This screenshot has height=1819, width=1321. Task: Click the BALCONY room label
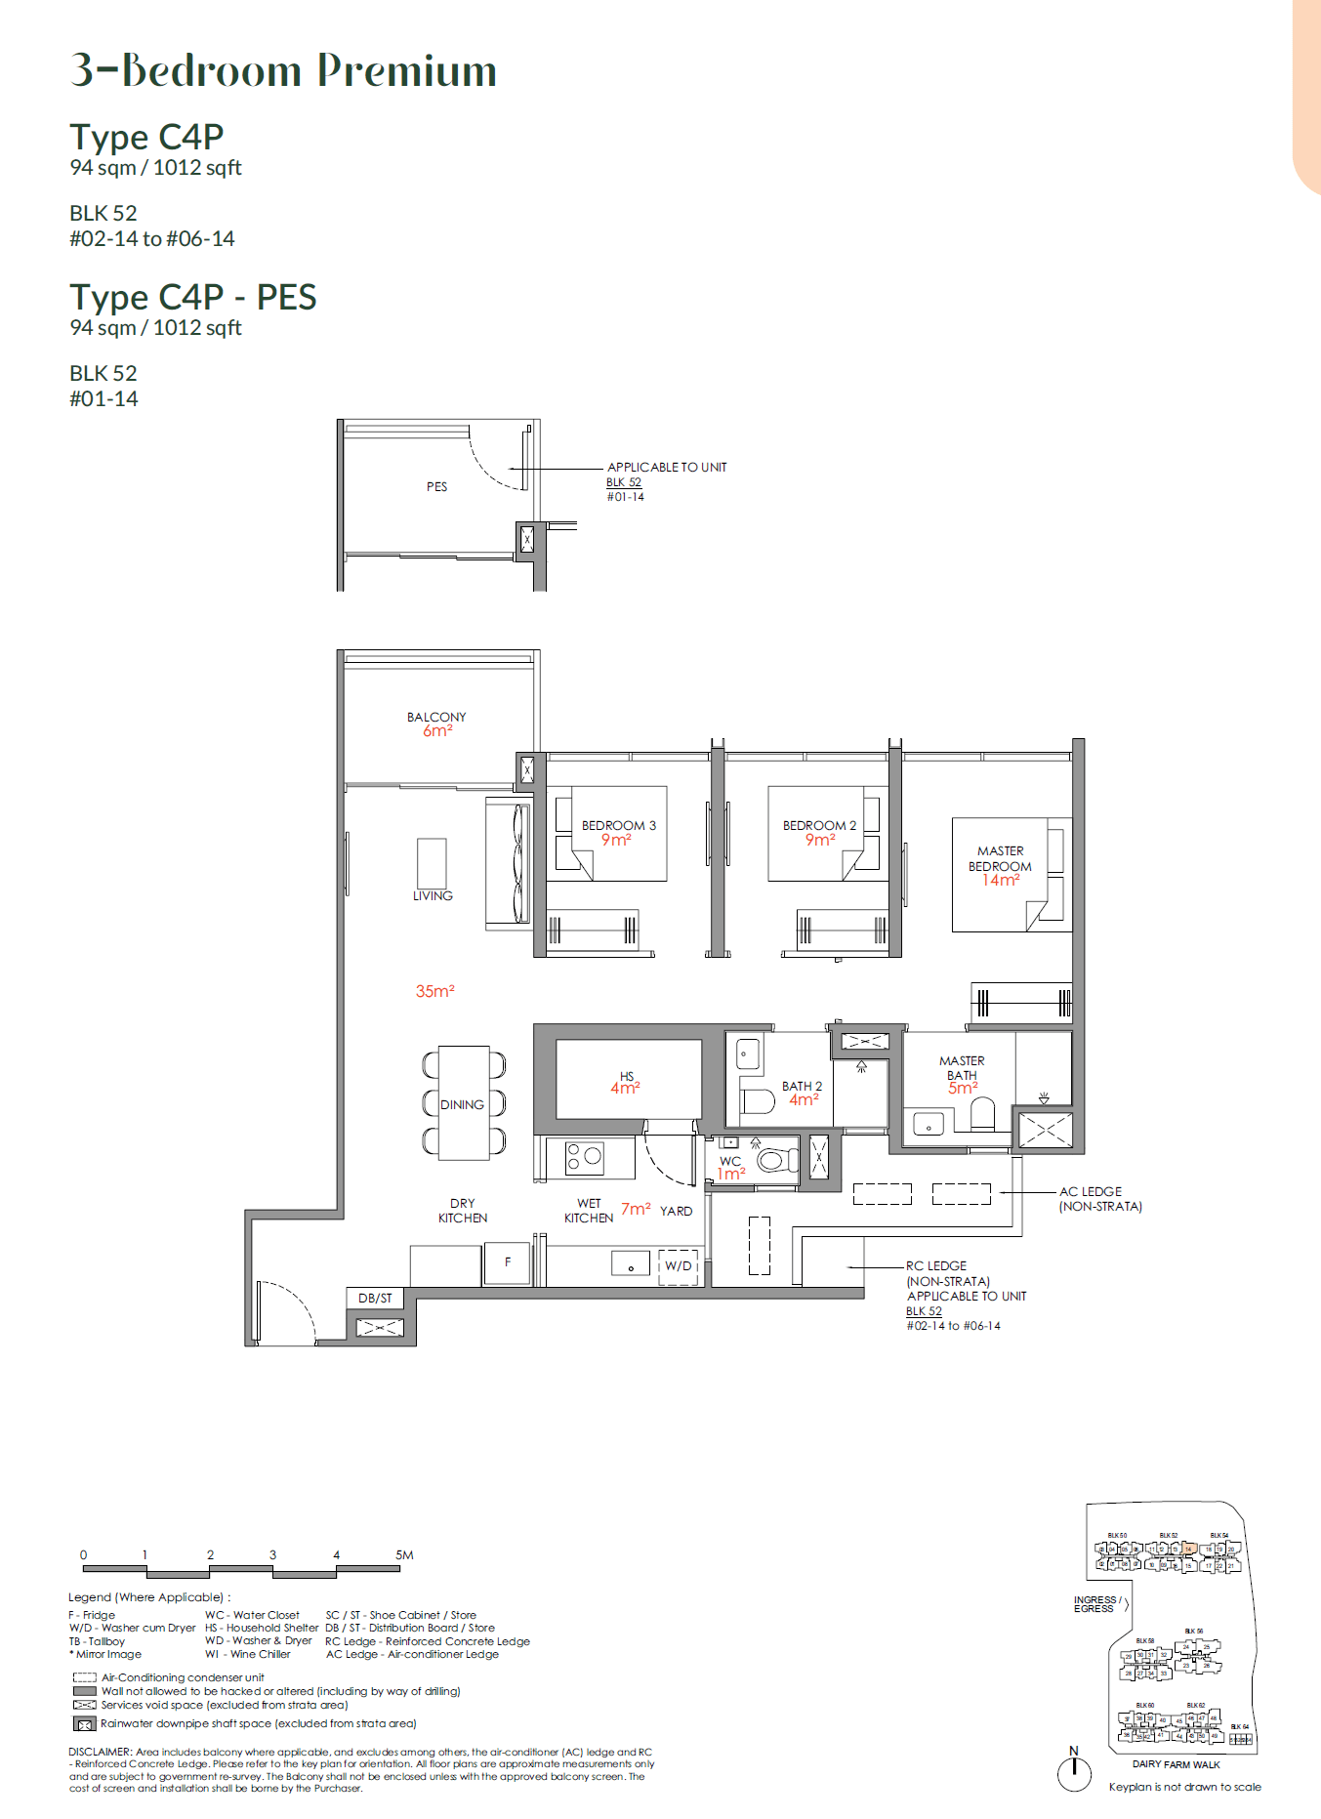click(436, 717)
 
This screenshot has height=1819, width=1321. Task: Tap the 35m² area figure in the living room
click(434, 991)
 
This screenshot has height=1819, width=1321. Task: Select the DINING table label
click(462, 1104)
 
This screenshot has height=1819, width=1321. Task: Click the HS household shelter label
click(626, 1076)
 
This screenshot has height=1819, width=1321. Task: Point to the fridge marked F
click(508, 1262)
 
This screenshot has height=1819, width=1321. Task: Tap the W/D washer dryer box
click(678, 1266)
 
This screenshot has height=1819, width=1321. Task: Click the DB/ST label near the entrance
click(375, 1298)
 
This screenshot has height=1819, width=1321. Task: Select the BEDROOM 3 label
click(618, 825)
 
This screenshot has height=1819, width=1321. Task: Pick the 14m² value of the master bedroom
click(1001, 880)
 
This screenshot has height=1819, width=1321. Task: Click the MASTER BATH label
click(962, 1067)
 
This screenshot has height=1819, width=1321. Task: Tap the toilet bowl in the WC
click(776, 1160)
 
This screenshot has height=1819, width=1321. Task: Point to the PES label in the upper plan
click(436, 486)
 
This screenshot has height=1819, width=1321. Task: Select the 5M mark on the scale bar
click(404, 1554)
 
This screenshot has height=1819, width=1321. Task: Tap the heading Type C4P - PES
click(192, 297)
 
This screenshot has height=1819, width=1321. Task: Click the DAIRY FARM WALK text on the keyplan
click(1176, 1764)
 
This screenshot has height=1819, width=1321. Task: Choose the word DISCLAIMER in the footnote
click(100, 1752)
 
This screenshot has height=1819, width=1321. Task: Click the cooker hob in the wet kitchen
click(584, 1157)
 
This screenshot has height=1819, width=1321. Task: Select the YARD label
click(676, 1211)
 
